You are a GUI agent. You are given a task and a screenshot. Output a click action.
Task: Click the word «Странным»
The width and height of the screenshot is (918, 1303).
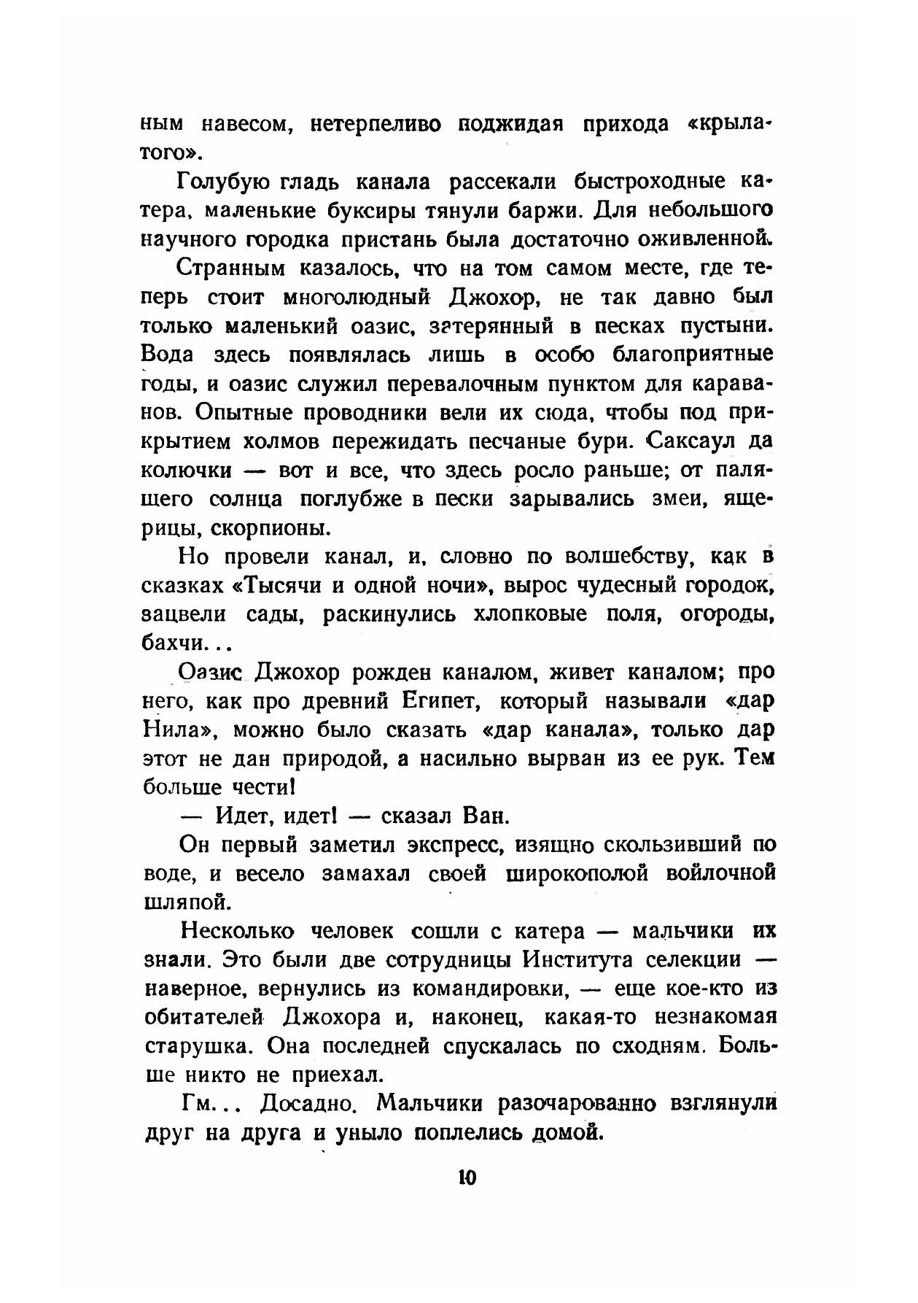(x=230, y=269)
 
